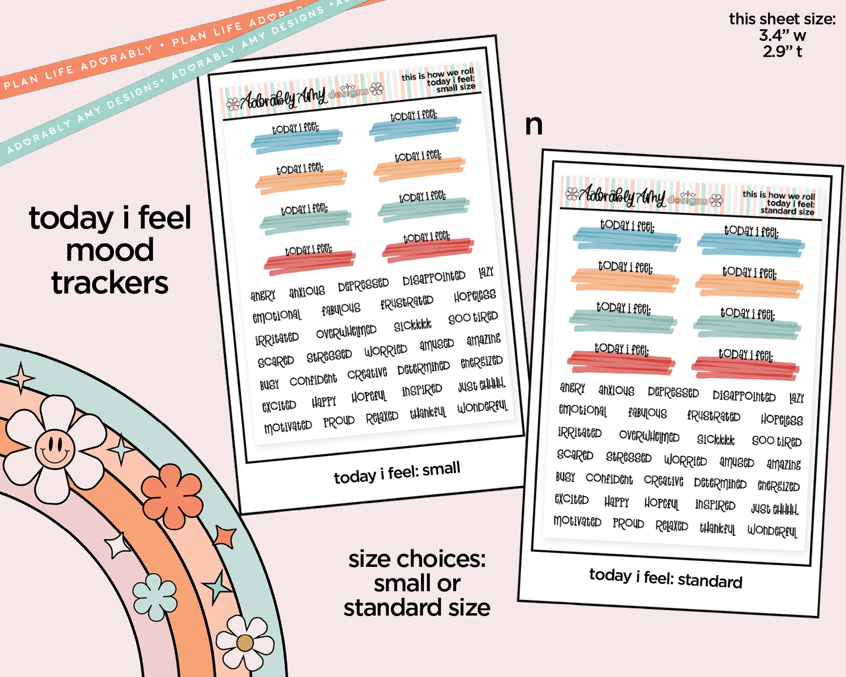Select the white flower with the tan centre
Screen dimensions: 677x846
(245, 643)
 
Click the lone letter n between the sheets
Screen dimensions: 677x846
(533, 125)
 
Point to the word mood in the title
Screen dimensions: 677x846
(110, 251)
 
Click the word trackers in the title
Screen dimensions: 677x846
(110, 283)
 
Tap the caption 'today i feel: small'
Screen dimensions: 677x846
(397, 473)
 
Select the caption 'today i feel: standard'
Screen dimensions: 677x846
(666, 578)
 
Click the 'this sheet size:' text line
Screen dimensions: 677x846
(782, 19)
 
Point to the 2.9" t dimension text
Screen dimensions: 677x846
(782, 52)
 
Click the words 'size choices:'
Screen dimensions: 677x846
(417, 559)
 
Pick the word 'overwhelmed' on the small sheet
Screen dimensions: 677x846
(346, 332)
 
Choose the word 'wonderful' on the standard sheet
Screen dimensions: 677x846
(772, 531)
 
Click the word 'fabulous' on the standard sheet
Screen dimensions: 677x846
(647, 413)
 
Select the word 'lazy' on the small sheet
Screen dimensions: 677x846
(486, 272)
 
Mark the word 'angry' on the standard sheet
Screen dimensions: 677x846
(572, 388)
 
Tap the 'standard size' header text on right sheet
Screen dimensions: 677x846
(787, 211)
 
